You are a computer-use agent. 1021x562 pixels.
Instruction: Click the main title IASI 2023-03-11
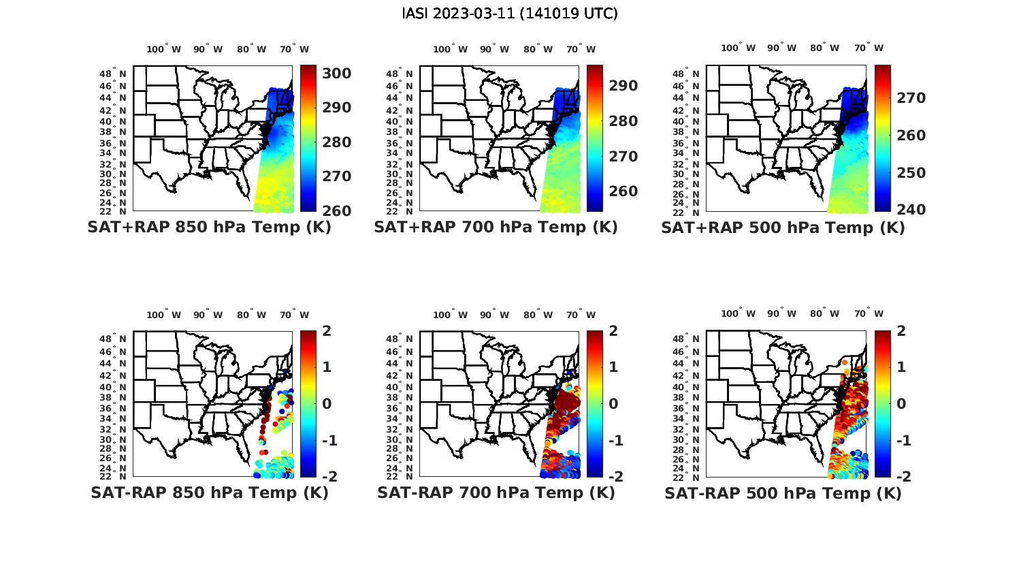click(x=510, y=14)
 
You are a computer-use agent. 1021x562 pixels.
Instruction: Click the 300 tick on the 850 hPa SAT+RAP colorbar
click(x=337, y=74)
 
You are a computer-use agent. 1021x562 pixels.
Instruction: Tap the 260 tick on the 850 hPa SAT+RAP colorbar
click(x=337, y=210)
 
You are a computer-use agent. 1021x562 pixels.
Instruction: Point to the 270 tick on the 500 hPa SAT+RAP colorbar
click(x=911, y=98)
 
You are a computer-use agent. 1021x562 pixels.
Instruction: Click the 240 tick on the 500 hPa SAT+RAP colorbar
click(x=911, y=209)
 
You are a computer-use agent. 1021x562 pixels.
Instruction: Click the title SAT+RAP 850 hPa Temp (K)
click(x=209, y=228)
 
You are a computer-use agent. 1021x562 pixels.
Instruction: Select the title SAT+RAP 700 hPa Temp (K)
click(x=496, y=228)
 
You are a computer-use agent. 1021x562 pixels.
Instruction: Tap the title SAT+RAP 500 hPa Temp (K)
click(x=783, y=228)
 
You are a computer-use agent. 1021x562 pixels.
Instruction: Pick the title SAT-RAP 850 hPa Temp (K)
click(x=209, y=493)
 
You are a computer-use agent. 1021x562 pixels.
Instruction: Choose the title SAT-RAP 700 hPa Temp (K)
click(x=496, y=493)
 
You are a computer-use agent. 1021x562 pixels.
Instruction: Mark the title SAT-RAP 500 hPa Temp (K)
click(x=783, y=493)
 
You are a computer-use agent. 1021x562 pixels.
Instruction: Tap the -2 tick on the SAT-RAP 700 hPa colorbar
click(x=615, y=476)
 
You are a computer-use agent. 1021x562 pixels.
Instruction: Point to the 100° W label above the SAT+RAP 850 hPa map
click(x=164, y=49)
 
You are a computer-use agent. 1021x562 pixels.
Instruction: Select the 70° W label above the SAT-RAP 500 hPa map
click(x=869, y=314)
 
